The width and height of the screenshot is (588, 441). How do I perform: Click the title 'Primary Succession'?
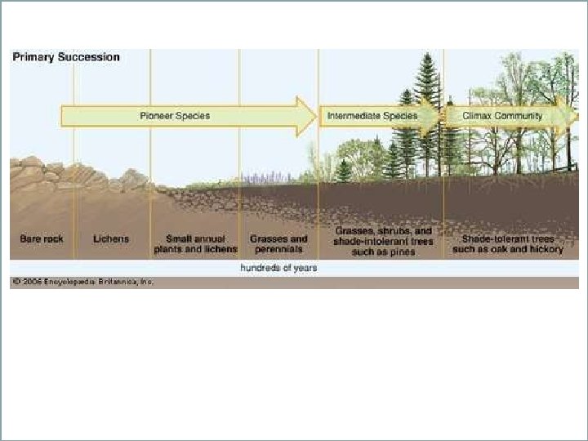65,57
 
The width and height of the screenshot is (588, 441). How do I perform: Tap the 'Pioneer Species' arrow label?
174,116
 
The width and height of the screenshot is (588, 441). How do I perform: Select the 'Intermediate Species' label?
372,116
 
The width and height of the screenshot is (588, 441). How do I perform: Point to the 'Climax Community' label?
502,116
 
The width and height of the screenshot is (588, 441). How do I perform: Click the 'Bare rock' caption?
42,239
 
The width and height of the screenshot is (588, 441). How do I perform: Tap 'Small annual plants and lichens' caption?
195,244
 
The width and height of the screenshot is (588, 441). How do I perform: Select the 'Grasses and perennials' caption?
278,244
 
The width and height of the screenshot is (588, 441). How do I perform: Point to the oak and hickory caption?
508,244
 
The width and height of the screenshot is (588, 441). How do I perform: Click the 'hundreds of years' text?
278,268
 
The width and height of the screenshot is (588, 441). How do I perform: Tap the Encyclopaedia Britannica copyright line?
82,283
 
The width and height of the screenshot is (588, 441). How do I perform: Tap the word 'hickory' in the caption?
545,249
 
